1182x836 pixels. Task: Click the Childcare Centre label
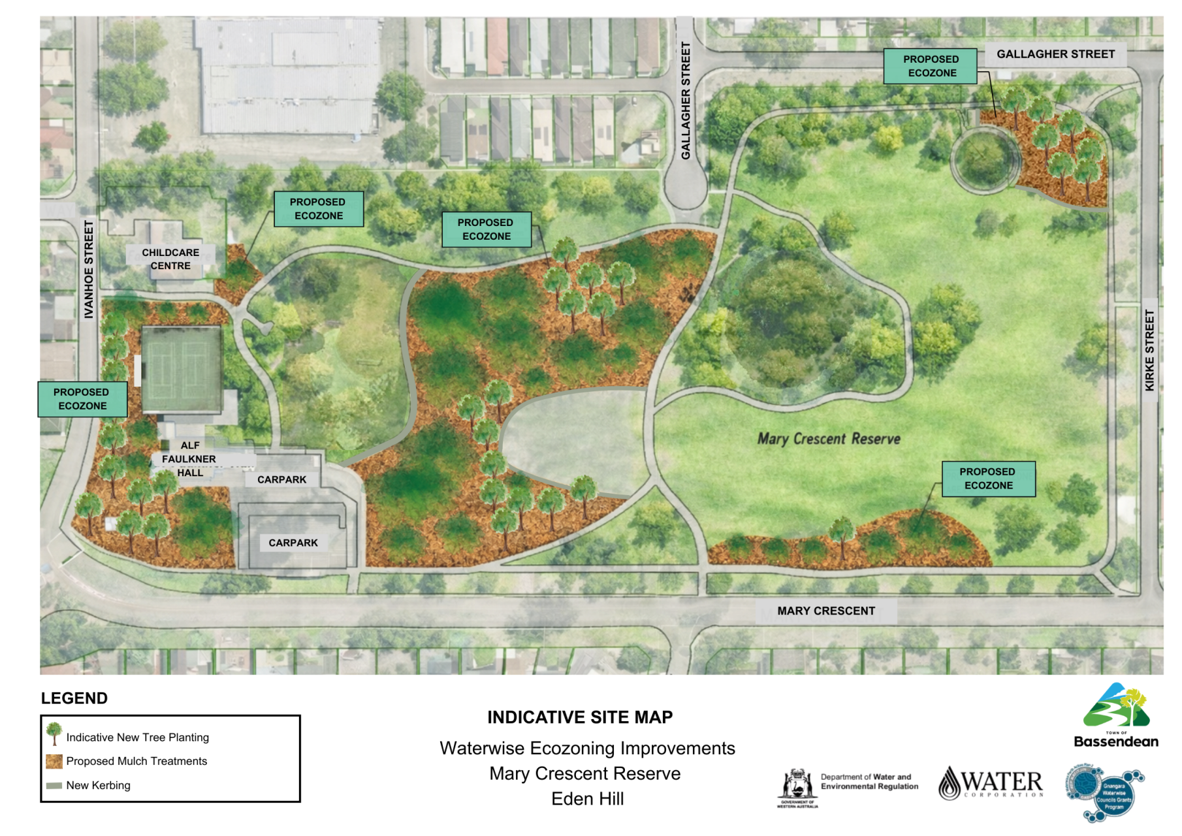pos(170,259)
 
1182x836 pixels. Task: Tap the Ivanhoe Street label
pos(89,269)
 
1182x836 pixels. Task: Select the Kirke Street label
pos(1149,350)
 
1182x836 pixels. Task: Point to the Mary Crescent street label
pos(825,611)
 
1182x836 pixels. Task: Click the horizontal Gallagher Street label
pos(1055,54)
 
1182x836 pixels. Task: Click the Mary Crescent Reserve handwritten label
pos(829,439)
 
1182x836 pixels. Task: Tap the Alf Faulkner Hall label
pos(189,459)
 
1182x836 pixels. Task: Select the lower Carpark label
pos(293,543)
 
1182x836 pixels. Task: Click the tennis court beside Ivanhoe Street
pos(182,368)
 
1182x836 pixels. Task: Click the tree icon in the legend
pos(54,733)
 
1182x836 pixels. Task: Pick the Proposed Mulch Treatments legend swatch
pos(54,762)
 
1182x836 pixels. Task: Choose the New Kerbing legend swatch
pos(54,786)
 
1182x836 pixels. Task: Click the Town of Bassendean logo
pos(1116,715)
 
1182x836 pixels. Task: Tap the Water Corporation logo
pos(991,783)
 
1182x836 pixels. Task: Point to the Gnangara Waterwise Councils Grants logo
pos(1105,794)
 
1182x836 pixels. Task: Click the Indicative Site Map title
pos(580,717)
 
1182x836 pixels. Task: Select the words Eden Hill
pos(587,799)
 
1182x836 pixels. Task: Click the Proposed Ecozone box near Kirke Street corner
pos(930,66)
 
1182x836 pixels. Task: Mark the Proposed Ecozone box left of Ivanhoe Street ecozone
pos(82,399)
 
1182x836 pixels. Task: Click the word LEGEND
pos(74,698)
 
